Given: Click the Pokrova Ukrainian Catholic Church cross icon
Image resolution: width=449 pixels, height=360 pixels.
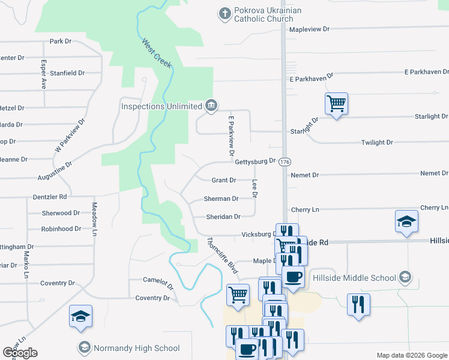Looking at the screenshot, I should tap(225, 13).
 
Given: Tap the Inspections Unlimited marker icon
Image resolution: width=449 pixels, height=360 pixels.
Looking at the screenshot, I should tap(211, 106).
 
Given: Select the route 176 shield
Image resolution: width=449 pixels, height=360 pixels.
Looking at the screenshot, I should tap(285, 163).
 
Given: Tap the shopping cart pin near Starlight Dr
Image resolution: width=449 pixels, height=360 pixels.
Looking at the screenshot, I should tap(336, 103).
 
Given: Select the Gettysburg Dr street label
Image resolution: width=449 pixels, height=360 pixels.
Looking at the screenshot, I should tap(255, 161).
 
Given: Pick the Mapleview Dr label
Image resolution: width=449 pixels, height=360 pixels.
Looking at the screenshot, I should tap(310, 29).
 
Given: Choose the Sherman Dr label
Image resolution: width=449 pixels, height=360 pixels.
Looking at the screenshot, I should tap(221, 199).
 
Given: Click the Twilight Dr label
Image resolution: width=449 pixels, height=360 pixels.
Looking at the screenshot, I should tap(377, 143).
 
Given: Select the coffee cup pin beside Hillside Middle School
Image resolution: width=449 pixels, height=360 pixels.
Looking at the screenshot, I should tap(293, 278).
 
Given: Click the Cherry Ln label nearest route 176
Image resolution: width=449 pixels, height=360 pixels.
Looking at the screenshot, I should tap(304, 210).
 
